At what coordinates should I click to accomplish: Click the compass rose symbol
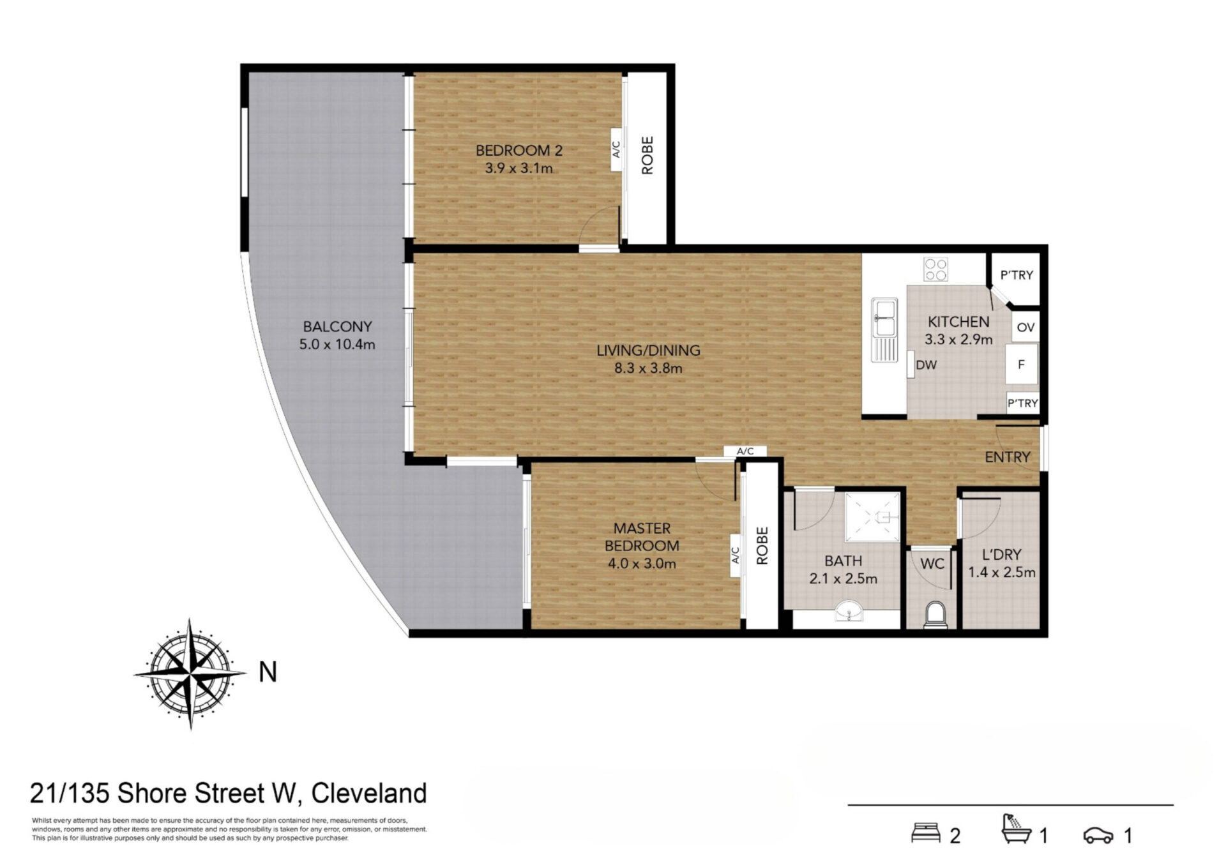tap(190, 674)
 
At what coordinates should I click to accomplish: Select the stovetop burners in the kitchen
tap(935, 269)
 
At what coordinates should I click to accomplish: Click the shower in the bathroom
tap(872, 517)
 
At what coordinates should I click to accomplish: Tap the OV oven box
tap(1025, 327)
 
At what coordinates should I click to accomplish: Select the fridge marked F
tap(1022, 365)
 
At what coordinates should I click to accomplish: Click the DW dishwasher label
tap(926, 365)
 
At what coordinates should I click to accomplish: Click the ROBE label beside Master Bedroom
tap(762, 546)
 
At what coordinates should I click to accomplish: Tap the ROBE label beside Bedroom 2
tap(647, 155)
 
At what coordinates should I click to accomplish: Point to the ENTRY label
tap(1008, 457)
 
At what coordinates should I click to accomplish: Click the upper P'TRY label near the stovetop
tap(1017, 275)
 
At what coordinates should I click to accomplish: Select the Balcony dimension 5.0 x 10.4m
tap(337, 345)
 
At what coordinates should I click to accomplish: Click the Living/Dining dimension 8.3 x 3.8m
tap(648, 368)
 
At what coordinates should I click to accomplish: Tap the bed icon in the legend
tap(925, 833)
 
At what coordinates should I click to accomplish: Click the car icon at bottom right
tap(1098, 835)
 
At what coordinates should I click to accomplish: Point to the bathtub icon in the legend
tap(1017, 829)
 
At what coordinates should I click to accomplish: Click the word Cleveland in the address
tap(369, 794)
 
